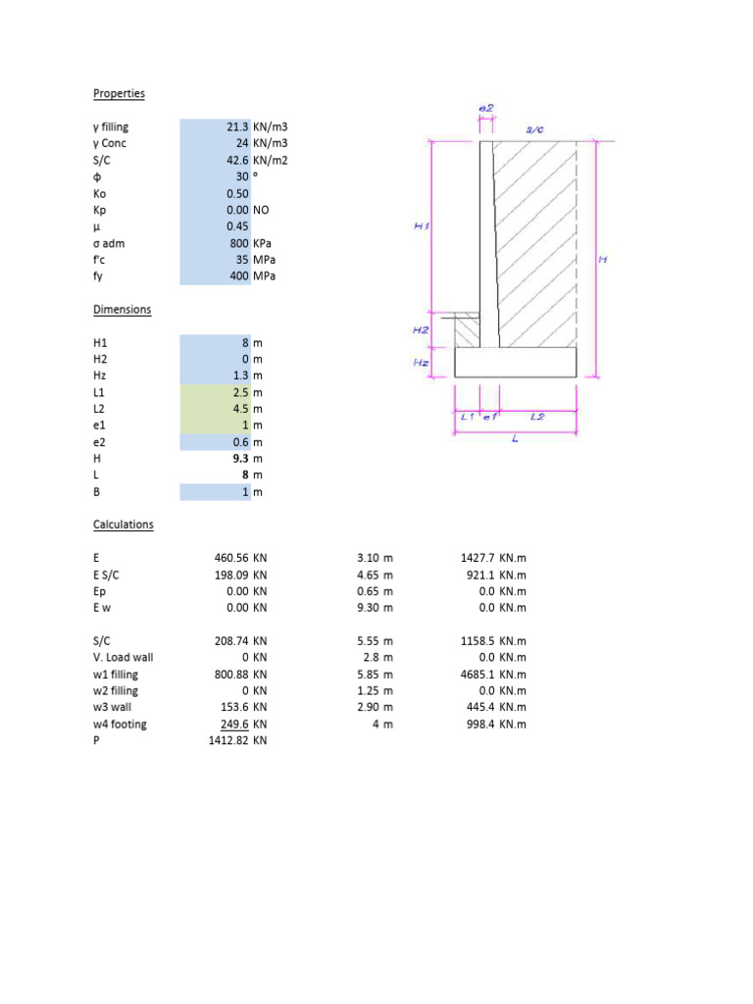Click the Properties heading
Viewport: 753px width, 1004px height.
[x=119, y=93]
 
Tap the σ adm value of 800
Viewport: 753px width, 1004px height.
[x=236, y=243]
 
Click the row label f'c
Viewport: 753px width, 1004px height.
[x=100, y=260]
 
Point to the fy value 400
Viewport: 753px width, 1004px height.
[x=236, y=276]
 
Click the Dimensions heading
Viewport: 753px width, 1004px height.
[x=122, y=309]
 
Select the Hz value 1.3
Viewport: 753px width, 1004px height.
[x=240, y=376]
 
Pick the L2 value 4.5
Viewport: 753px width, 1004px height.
[x=240, y=409]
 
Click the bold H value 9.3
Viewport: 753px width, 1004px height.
[x=240, y=459]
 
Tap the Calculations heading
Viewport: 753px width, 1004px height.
[x=123, y=525]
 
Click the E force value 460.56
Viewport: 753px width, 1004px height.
[x=230, y=558]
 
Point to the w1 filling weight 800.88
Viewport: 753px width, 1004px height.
[x=230, y=675]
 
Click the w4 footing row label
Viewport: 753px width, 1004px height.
[x=121, y=725]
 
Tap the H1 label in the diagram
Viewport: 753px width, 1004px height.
[x=422, y=226]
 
